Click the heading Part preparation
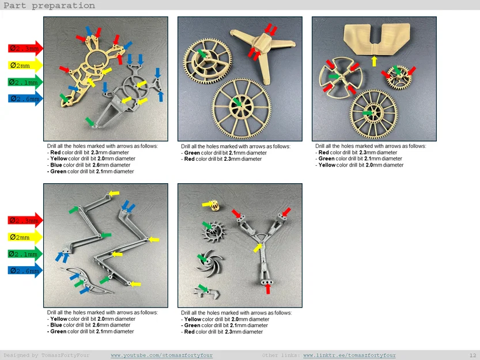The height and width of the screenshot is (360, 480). tap(50, 6)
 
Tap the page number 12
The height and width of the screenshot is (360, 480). tap(473, 355)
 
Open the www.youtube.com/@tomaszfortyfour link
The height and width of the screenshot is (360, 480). tap(161, 355)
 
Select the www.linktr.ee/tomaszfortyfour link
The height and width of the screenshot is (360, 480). tap(349, 355)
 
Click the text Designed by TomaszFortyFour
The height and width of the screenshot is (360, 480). tap(47, 355)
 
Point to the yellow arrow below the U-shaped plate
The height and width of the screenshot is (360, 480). tap(374, 60)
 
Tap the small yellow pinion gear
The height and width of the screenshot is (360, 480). tap(216, 206)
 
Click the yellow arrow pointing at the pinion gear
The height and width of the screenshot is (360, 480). tap(207, 204)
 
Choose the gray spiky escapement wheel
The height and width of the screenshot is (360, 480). tap(213, 232)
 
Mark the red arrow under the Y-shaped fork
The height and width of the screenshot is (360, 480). tap(268, 289)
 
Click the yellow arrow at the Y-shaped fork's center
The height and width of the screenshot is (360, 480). tap(258, 247)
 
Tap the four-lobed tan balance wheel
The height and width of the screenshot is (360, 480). tap(341, 77)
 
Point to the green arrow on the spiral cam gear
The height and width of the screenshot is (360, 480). tap(202, 53)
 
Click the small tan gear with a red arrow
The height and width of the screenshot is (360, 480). tap(399, 77)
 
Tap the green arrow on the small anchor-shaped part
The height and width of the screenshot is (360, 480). tap(203, 288)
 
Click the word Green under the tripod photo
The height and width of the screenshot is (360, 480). tap(192, 153)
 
